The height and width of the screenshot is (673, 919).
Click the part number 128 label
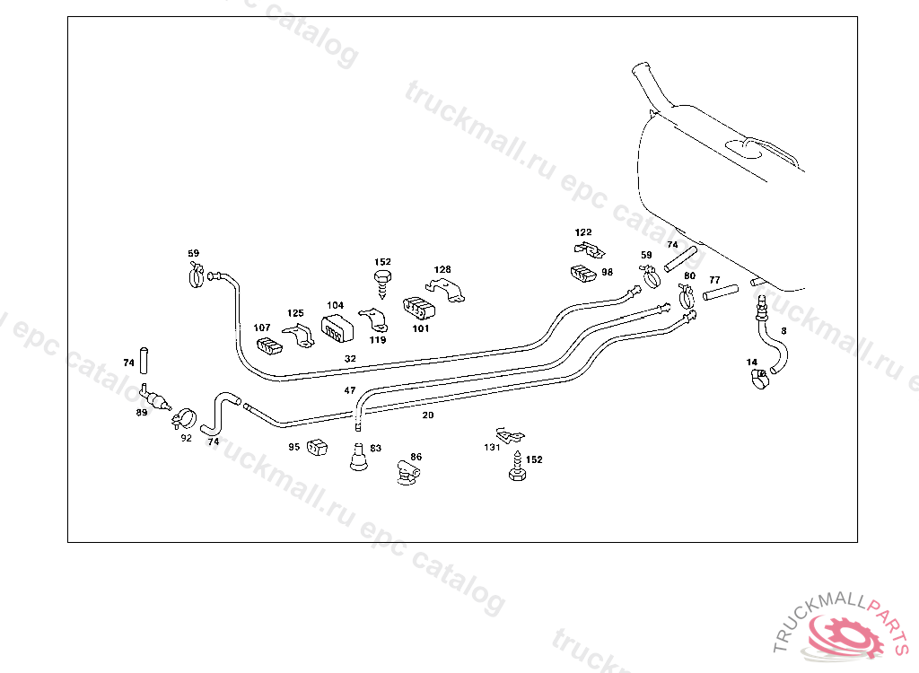tap(442, 269)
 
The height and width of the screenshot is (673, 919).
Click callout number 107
tap(262, 328)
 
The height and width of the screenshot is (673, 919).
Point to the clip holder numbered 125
tap(299, 336)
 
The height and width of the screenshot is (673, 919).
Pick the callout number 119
tap(378, 340)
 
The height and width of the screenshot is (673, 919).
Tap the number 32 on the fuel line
tap(350, 358)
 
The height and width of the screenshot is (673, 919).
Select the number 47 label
tap(350, 390)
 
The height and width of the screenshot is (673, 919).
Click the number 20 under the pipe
tap(428, 415)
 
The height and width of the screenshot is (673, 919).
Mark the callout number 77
tap(714, 280)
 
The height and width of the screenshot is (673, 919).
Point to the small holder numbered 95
tap(316, 447)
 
